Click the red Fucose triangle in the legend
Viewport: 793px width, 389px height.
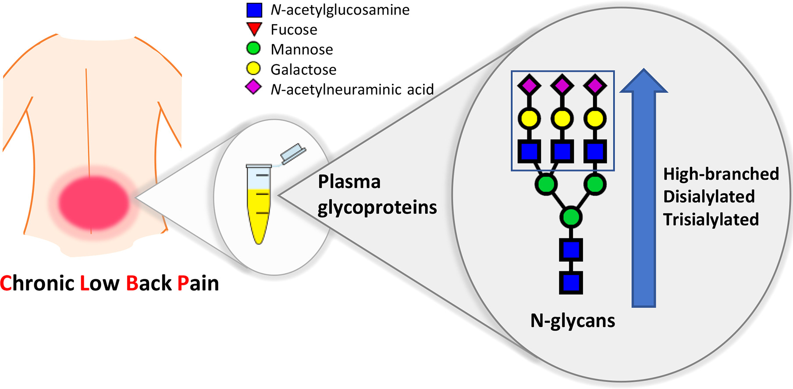254,29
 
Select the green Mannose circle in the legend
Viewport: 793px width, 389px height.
254,48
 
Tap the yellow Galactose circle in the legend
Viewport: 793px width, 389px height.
254,68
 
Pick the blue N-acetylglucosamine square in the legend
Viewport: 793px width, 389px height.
254,10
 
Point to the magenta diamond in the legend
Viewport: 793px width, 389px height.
254,87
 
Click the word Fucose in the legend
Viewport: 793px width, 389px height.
294,30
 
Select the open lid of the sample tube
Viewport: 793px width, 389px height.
293,153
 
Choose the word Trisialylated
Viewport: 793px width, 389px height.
711,220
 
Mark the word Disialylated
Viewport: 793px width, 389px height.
709,197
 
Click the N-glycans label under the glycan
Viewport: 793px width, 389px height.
573,321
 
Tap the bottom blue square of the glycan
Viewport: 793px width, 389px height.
571,283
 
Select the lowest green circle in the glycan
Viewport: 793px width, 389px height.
571,217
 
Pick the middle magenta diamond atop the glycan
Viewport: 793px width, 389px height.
562,85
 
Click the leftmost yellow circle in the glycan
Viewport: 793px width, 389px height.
530,119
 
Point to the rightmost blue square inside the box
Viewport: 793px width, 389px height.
595,151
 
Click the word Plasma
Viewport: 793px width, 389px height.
349,182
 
